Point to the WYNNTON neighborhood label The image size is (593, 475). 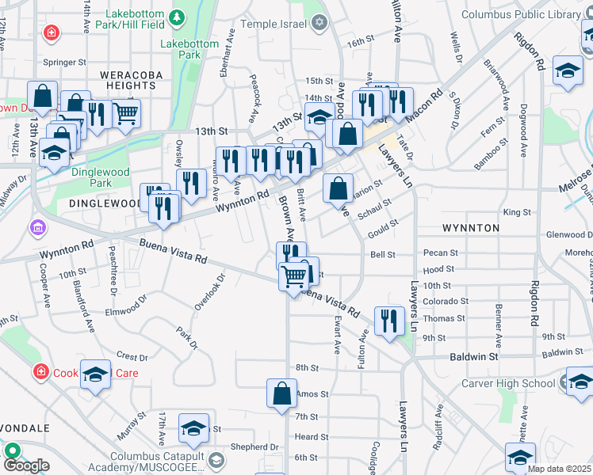470,228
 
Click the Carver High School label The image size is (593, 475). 507,384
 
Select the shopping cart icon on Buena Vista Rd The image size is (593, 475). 294,277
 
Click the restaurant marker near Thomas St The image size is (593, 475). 388,321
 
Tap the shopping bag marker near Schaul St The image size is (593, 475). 338,189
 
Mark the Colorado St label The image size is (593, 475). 445,301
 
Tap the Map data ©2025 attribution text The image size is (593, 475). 559,469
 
